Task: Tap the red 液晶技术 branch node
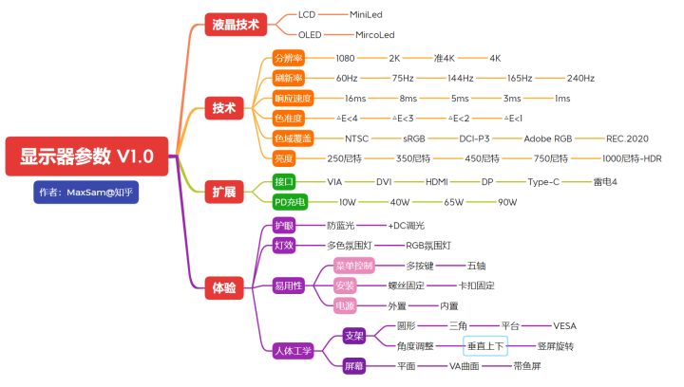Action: pos(233,25)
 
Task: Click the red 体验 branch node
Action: pos(224,286)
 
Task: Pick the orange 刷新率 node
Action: pos(289,78)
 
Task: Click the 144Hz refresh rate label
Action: pos(461,78)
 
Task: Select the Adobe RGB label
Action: pos(552,138)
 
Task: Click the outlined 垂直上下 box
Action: pos(486,346)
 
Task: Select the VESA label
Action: pos(565,326)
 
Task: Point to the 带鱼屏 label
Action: pos(527,365)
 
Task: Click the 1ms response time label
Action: pos(562,98)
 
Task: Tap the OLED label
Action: pos(310,34)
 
